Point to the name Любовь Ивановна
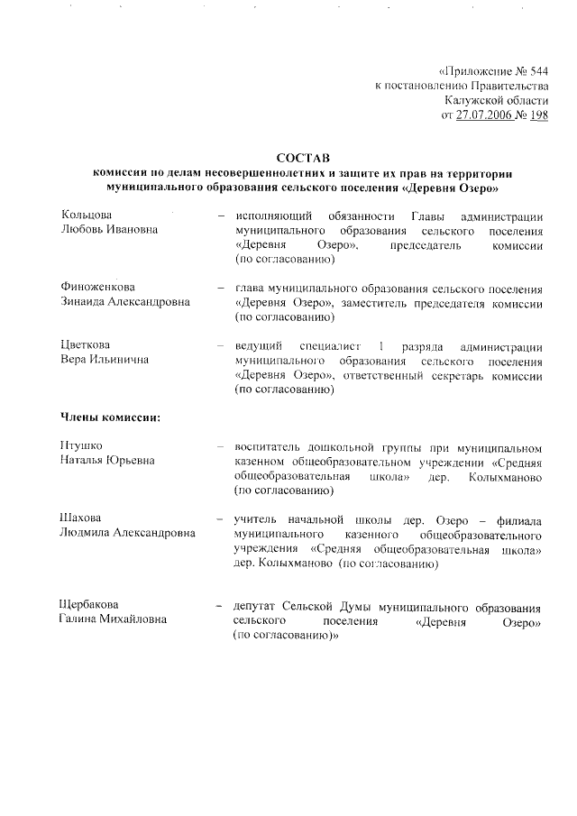[109, 231]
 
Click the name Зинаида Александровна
[125, 302]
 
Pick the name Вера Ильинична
[105, 360]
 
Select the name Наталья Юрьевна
[107, 461]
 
